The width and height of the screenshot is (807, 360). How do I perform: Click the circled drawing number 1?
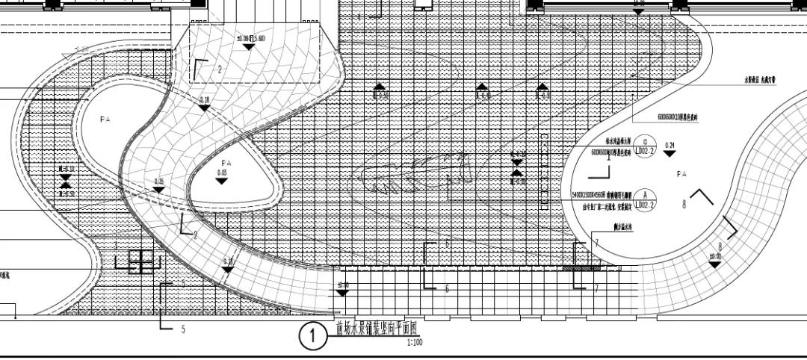click(312, 338)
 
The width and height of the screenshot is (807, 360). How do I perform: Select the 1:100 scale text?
click(415, 343)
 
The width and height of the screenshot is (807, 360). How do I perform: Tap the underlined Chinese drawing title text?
click(378, 326)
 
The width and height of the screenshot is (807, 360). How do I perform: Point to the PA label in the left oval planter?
click(105, 119)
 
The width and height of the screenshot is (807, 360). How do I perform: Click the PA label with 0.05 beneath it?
click(226, 162)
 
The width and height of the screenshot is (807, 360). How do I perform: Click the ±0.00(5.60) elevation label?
click(250, 39)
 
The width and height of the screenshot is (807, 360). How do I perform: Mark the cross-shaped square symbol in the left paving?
click(140, 261)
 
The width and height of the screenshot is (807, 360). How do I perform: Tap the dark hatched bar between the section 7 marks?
click(581, 267)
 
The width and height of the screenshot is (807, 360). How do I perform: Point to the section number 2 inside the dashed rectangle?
click(220, 69)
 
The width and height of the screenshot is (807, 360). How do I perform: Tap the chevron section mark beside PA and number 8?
click(702, 196)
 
